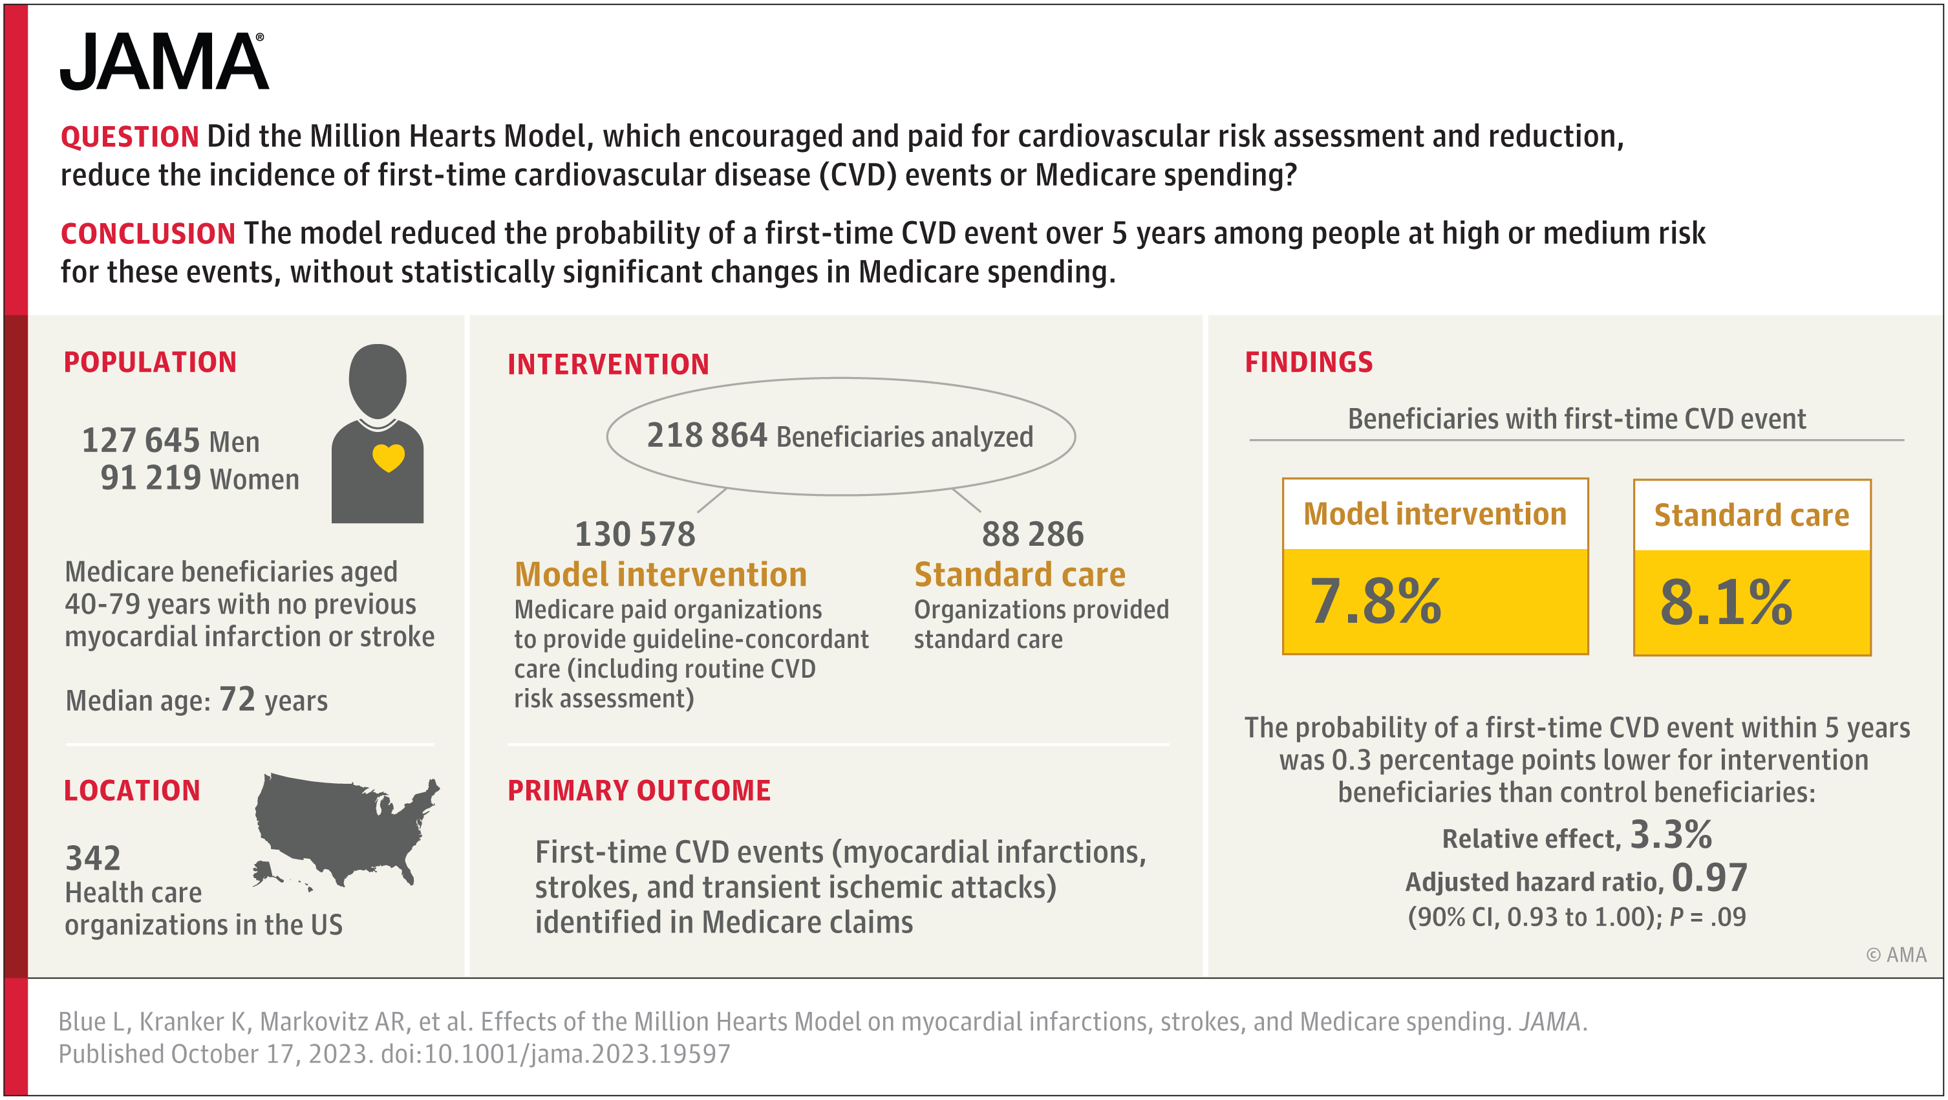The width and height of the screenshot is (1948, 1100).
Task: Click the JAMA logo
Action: coord(164,62)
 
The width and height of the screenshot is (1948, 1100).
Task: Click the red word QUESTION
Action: coord(129,137)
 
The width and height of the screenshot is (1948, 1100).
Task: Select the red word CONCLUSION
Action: coord(147,233)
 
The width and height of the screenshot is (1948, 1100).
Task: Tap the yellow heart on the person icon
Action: coord(389,457)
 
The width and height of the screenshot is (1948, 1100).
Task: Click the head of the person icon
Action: coord(378,380)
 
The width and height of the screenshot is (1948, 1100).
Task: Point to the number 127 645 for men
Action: coord(141,440)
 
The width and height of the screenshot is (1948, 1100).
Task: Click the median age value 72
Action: coord(237,699)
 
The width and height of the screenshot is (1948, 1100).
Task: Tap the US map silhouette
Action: coord(345,828)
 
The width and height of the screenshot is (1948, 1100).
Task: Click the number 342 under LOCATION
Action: coord(93,858)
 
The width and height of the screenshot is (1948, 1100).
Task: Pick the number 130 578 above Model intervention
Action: coord(634,534)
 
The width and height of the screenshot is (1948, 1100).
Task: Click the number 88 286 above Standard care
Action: coord(1033,534)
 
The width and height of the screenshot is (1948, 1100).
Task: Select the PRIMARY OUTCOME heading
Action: coord(639,791)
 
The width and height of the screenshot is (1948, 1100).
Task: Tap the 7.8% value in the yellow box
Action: coord(1376,601)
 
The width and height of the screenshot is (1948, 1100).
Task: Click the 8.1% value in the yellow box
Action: coord(1726,603)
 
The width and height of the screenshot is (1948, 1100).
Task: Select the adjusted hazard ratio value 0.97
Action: coord(1709,878)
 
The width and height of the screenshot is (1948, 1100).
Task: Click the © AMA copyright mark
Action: coord(1896,954)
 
